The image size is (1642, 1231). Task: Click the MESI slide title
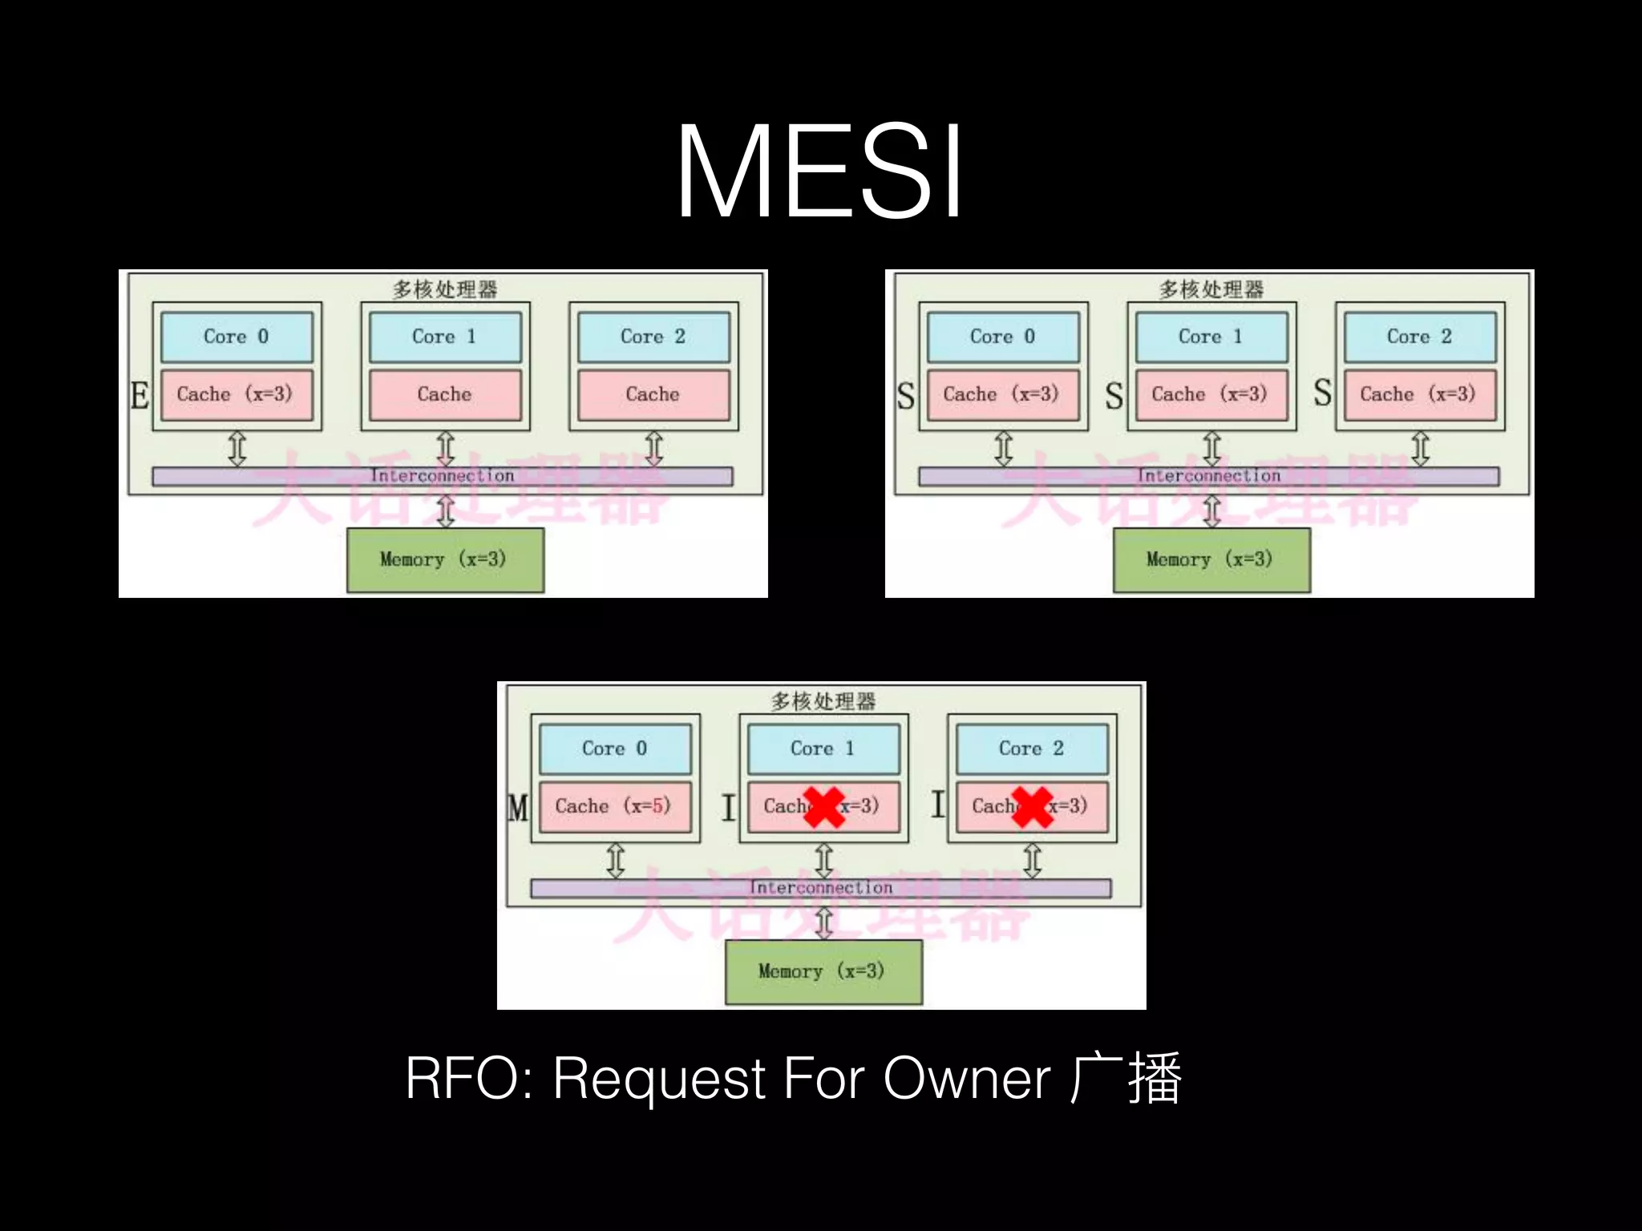(x=819, y=172)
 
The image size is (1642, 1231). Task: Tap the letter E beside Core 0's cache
(x=140, y=395)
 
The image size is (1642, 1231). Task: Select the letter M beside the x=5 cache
(x=518, y=807)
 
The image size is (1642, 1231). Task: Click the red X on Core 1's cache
(x=824, y=807)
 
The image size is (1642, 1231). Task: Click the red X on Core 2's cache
(x=1033, y=807)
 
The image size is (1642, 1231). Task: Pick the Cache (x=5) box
(x=614, y=806)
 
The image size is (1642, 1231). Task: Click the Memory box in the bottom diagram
(x=823, y=971)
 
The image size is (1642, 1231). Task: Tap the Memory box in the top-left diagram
(x=445, y=559)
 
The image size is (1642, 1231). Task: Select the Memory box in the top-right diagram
(x=1211, y=559)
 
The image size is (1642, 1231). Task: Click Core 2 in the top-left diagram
(x=653, y=337)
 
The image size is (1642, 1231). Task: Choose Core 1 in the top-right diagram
(x=1211, y=337)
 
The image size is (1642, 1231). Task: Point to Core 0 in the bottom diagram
(x=615, y=749)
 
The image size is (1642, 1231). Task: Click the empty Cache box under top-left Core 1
(x=445, y=394)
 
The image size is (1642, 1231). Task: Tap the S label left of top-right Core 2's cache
(x=1322, y=394)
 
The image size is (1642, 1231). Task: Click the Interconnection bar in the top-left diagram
(x=442, y=476)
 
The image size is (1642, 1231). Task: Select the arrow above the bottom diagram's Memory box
(x=824, y=922)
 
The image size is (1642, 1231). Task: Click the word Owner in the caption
(x=966, y=1079)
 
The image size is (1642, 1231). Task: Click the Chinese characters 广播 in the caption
(x=1126, y=1079)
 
